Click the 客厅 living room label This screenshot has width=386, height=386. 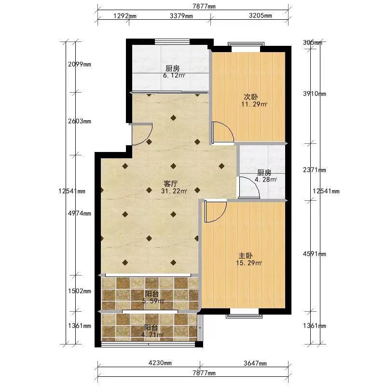point(171,184)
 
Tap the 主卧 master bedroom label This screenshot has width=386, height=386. point(246,256)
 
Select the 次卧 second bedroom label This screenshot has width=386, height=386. point(251,97)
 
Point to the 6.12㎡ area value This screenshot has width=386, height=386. point(174,75)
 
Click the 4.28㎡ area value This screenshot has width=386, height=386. point(266,179)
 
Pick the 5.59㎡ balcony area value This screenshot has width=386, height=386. point(153,301)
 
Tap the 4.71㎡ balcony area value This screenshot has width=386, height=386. point(152,334)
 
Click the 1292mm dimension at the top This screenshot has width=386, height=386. point(125,16)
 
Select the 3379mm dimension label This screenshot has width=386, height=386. point(181,16)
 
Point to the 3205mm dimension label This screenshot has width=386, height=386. point(261,15)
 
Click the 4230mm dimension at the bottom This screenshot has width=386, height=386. point(160,363)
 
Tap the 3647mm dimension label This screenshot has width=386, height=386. point(255,363)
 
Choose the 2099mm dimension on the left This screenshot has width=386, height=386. point(80,64)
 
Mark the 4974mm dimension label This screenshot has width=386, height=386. point(80,213)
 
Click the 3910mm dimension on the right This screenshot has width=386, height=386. point(315,94)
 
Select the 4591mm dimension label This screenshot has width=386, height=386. point(315,254)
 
